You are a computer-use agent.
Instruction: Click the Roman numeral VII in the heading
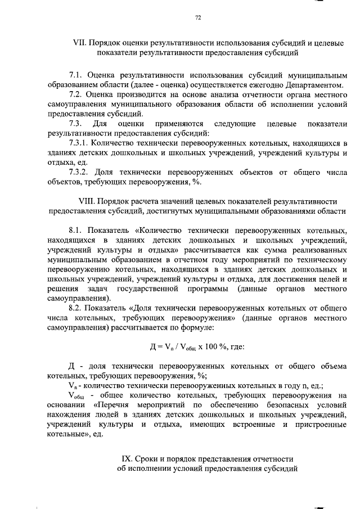point(79,43)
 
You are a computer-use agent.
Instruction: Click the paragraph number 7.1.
point(75,74)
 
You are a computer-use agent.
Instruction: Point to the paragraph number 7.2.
point(75,94)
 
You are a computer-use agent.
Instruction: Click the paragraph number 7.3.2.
point(79,172)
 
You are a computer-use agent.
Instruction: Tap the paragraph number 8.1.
point(75,231)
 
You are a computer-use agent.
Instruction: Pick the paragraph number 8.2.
point(75,308)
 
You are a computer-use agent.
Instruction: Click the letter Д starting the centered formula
point(147,347)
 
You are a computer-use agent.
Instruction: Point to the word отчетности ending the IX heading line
point(270,459)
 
